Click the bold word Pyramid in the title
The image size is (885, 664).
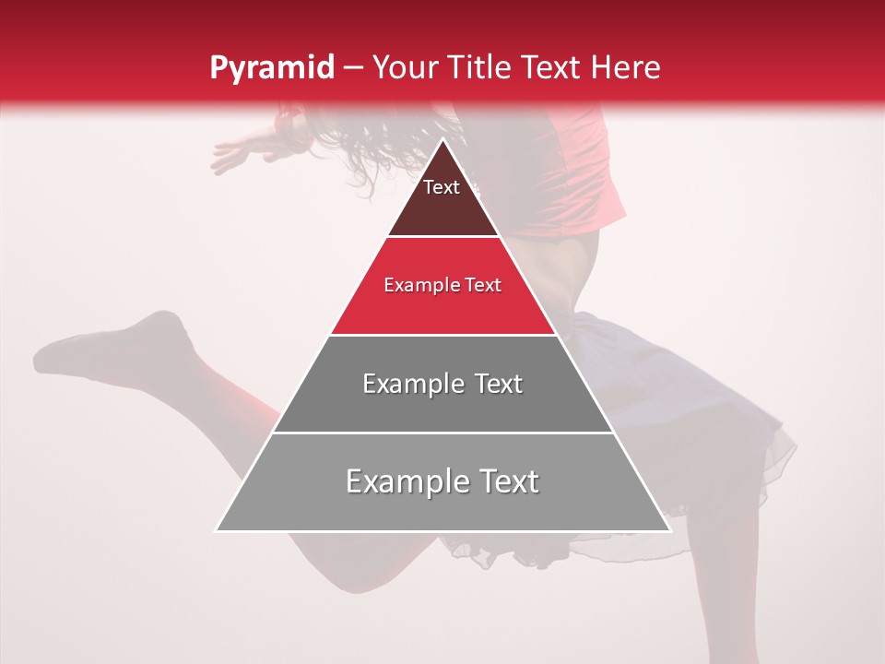tap(271, 68)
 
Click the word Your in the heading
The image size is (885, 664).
tap(404, 67)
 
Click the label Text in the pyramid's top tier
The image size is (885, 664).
tap(441, 187)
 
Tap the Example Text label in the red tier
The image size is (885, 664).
tap(442, 285)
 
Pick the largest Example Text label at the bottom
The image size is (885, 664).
tap(442, 481)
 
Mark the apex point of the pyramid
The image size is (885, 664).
tap(443, 140)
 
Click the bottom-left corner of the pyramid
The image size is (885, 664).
tap(218, 530)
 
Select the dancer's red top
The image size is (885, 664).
tap(576, 166)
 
